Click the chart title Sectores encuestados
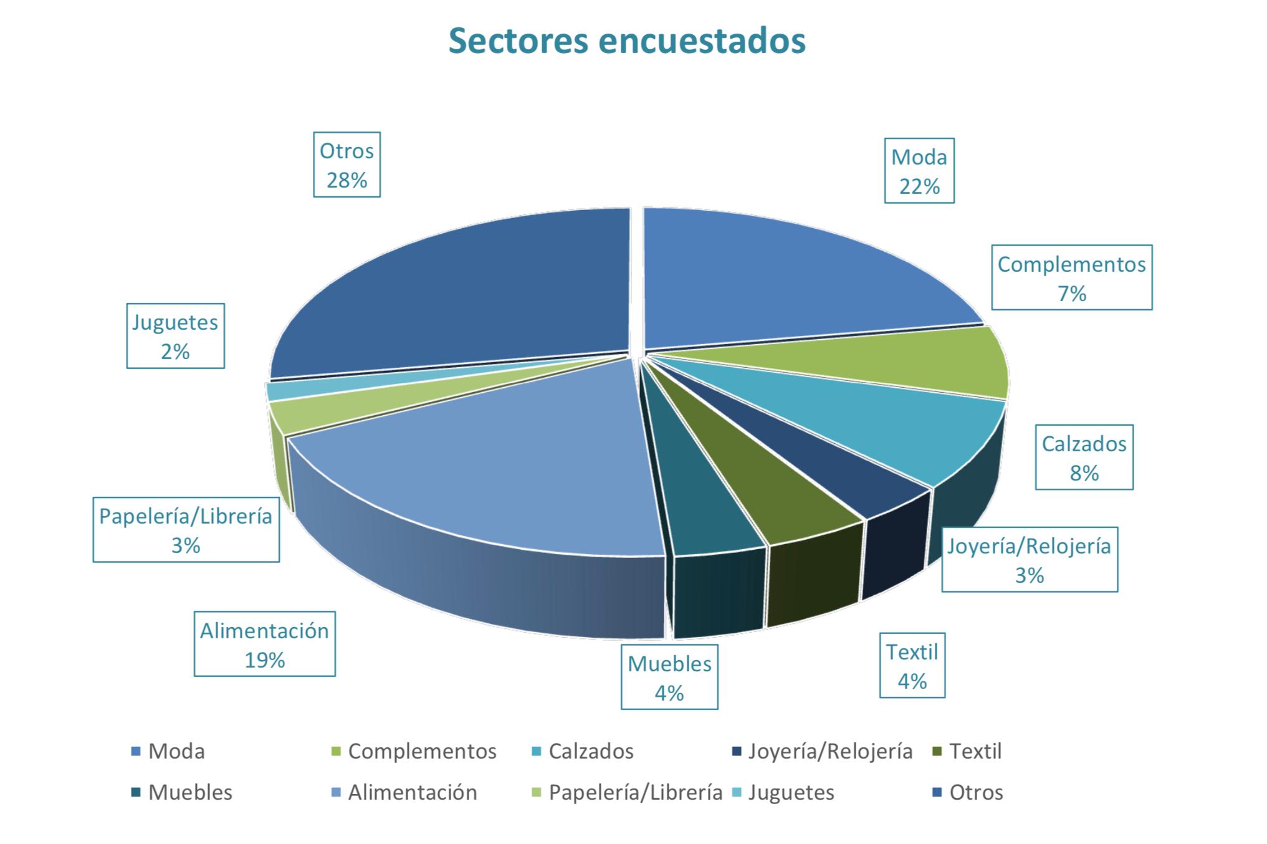(x=627, y=41)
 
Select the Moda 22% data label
(x=919, y=171)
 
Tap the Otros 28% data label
(x=347, y=165)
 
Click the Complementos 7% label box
(x=1071, y=277)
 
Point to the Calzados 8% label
(x=1084, y=458)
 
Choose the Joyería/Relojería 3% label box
(x=1029, y=559)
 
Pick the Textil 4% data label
(x=912, y=665)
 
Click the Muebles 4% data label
(x=669, y=678)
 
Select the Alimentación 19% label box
(x=264, y=644)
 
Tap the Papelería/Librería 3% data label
(x=186, y=529)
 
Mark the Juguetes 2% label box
(x=175, y=336)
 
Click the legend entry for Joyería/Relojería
(x=823, y=751)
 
